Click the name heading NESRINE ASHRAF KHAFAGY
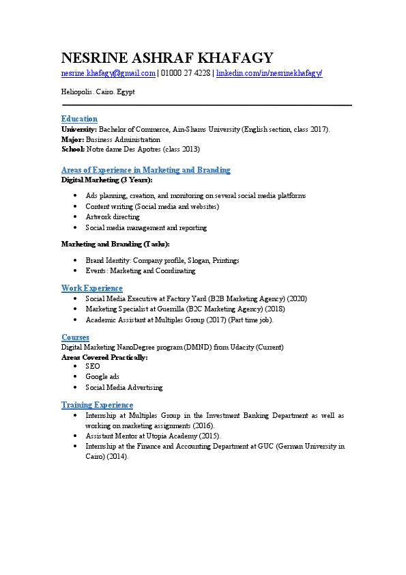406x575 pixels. [x=167, y=58]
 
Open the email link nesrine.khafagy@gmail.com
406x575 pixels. [x=108, y=73]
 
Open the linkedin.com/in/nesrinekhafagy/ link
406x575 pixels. [x=269, y=73]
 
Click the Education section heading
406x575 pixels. [x=79, y=119]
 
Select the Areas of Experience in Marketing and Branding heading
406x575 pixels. [x=145, y=170]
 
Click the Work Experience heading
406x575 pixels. [x=91, y=288]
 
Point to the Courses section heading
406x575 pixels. [x=75, y=337]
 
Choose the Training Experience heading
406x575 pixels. [x=97, y=405]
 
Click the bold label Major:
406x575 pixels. [x=72, y=139]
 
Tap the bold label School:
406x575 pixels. [x=73, y=149]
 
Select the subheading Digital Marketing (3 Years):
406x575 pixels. [x=106, y=180]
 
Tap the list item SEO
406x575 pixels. [x=92, y=366]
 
